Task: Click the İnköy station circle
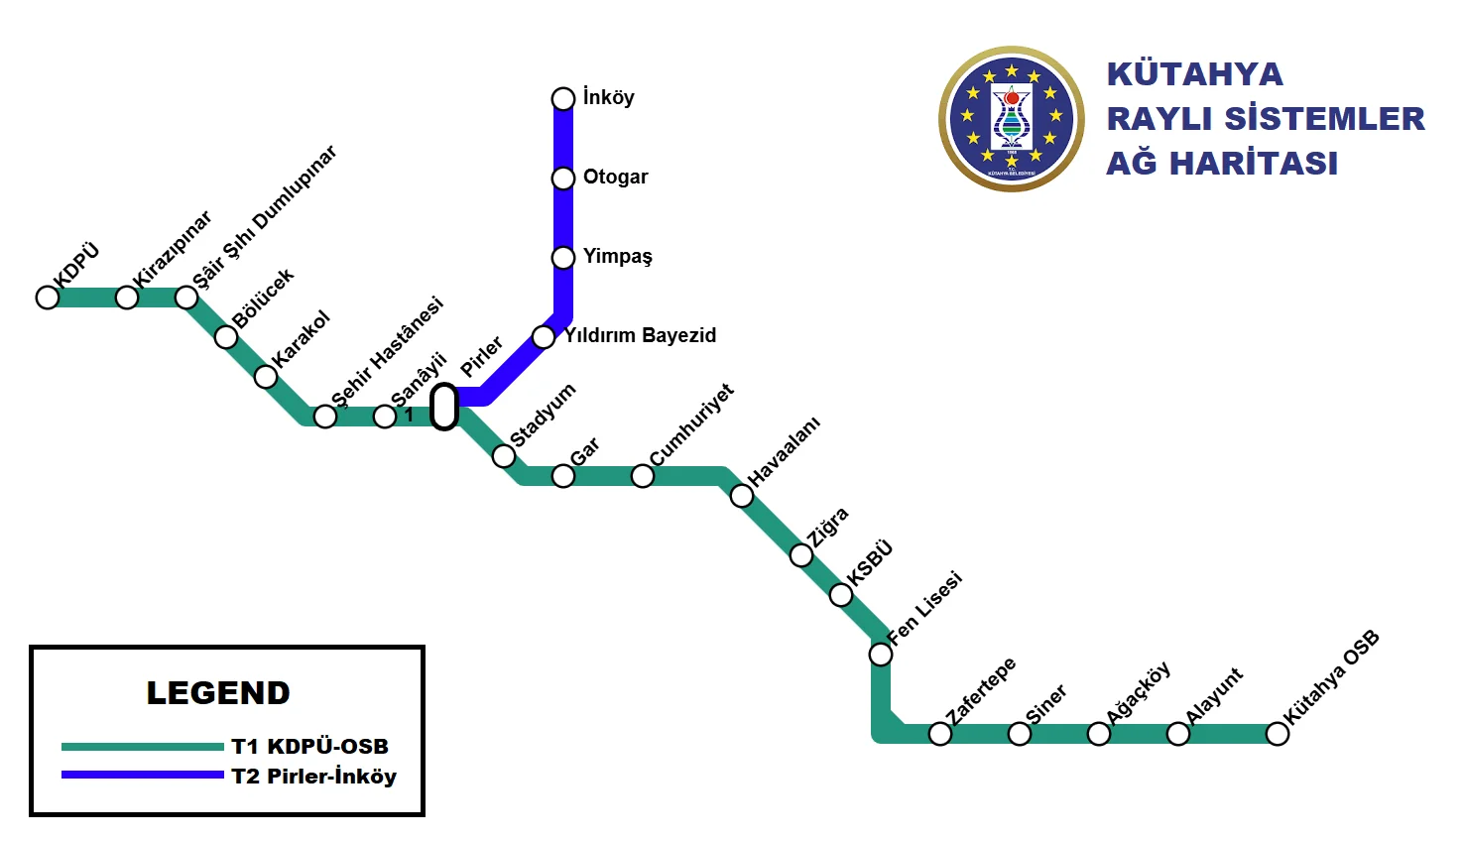point(563,99)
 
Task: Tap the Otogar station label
point(615,177)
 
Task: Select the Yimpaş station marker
point(563,258)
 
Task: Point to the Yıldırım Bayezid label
point(640,335)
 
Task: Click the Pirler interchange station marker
point(444,407)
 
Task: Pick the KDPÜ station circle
point(48,298)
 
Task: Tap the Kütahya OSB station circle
point(1278,734)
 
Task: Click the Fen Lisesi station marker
point(881,655)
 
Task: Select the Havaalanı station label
point(784,452)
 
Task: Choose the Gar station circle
point(563,476)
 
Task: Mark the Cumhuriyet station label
point(692,424)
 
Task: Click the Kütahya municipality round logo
point(1012,119)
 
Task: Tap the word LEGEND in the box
point(218,692)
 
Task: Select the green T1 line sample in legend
point(143,747)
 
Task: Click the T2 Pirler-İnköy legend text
point(313,777)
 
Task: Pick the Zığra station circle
point(801,555)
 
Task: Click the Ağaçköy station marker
point(1099,734)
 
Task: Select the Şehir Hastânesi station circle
point(325,417)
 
